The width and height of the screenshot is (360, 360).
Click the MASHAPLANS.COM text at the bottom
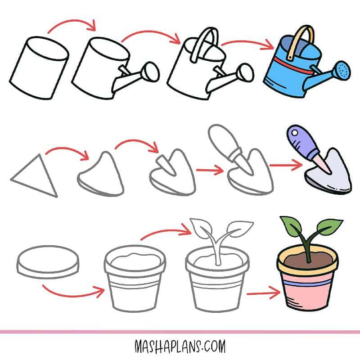coord(180,347)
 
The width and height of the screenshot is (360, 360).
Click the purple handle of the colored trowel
coord(300,141)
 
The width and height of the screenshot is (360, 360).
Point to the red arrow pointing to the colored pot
coord(263,294)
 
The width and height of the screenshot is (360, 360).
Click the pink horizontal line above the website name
coord(180,332)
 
